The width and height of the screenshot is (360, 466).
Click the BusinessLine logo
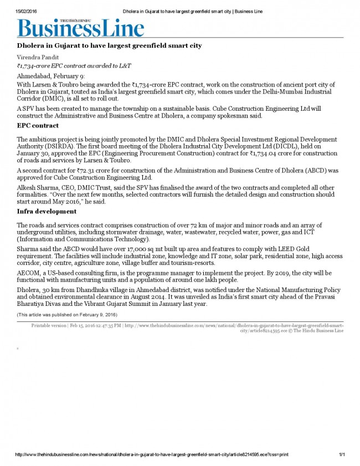(x=81, y=27)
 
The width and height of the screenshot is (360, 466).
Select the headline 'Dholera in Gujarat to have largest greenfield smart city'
(x=109, y=45)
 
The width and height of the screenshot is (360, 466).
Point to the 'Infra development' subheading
(x=47, y=212)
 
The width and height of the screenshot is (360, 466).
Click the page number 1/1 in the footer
(x=342, y=454)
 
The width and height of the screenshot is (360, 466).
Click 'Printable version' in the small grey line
(x=48, y=325)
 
